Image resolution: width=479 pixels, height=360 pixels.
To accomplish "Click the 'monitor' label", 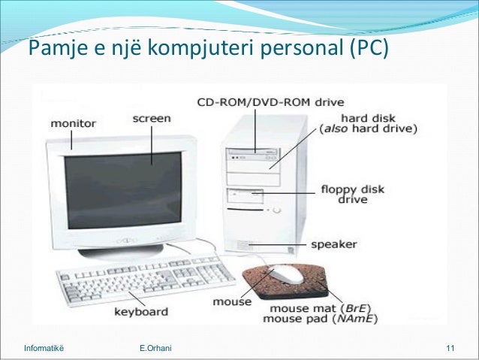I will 73,123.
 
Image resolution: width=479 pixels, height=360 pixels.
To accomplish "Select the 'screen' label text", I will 151,118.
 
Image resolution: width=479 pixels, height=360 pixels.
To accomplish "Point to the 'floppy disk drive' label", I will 352,194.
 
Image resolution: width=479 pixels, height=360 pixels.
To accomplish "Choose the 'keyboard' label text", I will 140,310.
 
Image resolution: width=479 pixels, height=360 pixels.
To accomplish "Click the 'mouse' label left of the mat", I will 232,303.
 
